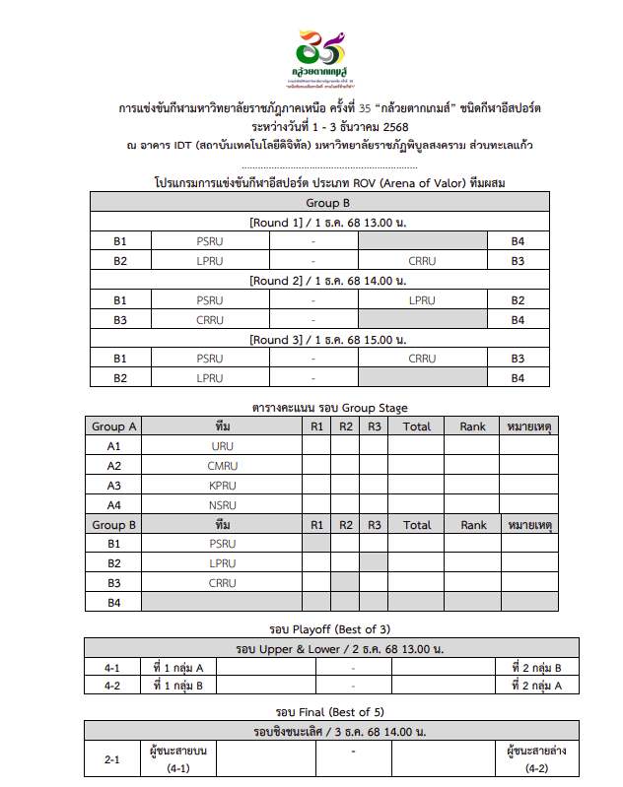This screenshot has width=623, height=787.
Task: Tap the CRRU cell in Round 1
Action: [x=421, y=261]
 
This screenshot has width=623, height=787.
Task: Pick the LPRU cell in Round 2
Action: [x=421, y=300]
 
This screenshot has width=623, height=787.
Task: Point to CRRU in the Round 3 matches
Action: [x=421, y=359]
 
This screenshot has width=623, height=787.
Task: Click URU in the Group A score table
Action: [x=223, y=446]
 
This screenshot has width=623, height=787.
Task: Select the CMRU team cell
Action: [x=223, y=466]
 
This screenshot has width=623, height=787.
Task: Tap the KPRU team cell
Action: [x=223, y=486]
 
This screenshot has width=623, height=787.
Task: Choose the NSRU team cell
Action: [x=223, y=505]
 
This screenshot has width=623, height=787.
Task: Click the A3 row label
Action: [x=113, y=486]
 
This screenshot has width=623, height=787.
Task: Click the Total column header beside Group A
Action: [x=416, y=426]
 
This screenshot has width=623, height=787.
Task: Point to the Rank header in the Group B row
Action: [x=473, y=525]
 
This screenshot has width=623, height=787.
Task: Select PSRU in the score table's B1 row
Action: [x=223, y=544]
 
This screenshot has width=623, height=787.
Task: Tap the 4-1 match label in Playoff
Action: [x=113, y=668]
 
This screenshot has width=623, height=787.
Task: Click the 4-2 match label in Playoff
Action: [x=113, y=686]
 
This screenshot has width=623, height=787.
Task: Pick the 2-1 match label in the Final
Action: [x=113, y=759]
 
